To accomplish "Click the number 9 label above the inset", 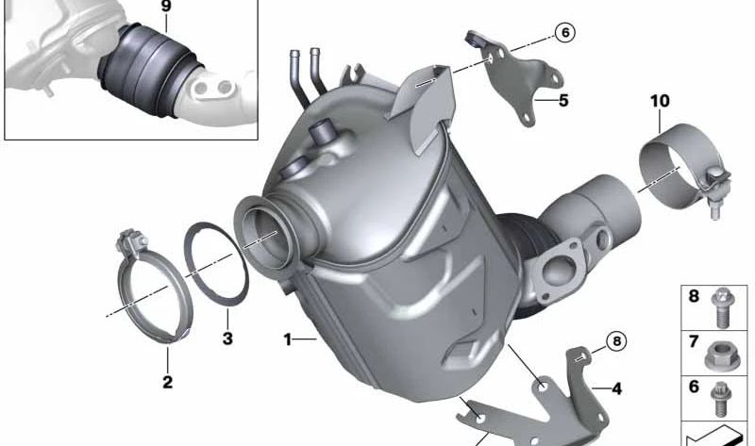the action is click(x=166, y=7).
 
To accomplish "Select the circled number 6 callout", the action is click(x=564, y=32).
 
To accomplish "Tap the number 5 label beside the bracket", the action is click(x=563, y=101).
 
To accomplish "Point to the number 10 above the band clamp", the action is click(x=660, y=101).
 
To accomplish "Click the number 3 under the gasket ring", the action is click(x=227, y=339).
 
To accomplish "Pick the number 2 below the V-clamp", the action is click(x=167, y=382).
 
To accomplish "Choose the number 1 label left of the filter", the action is click(x=288, y=339).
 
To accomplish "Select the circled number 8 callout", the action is click(x=617, y=341).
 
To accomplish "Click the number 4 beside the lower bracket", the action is click(x=616, y=388).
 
